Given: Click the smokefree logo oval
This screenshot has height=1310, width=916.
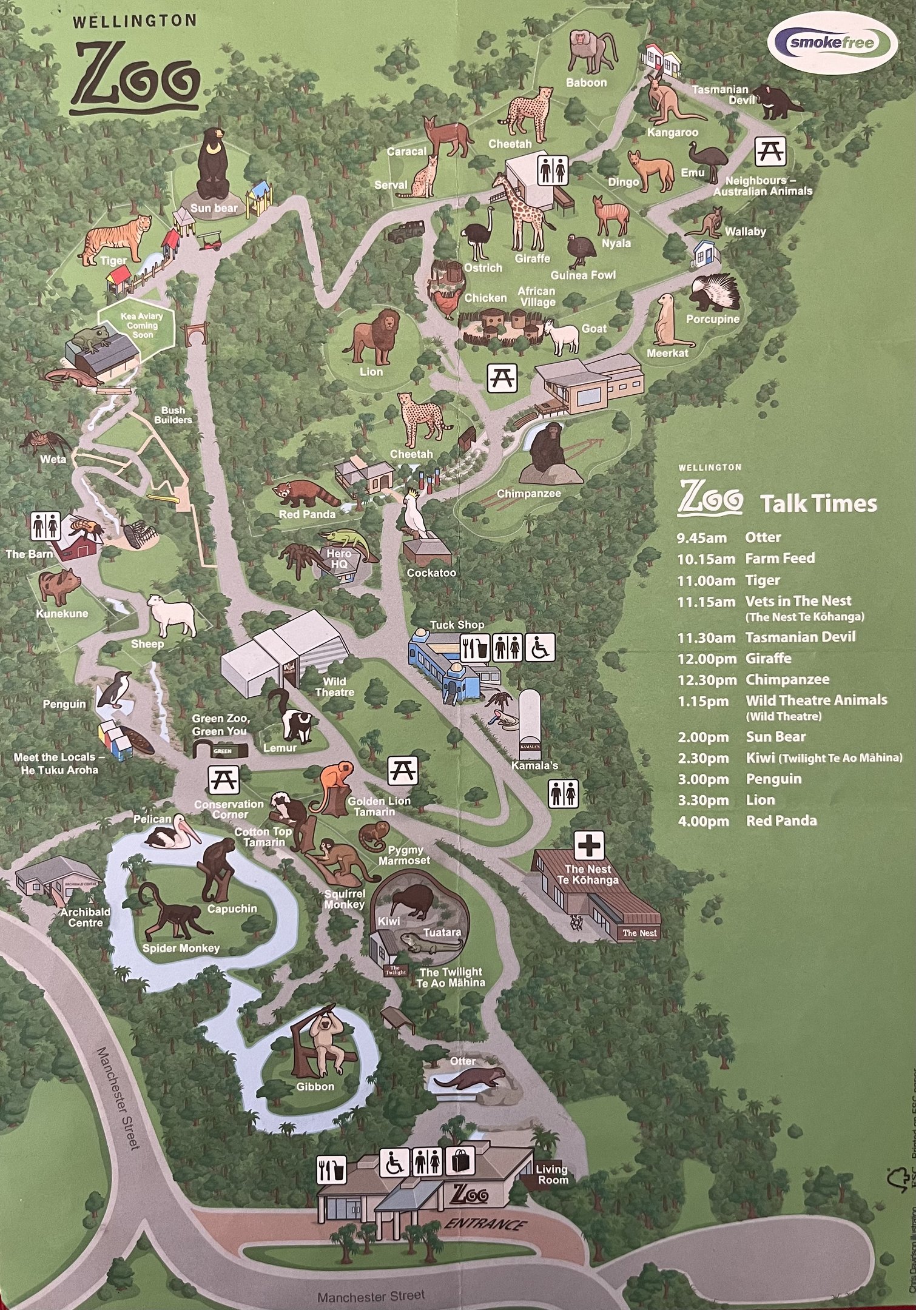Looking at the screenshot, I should pyautogui.click(x=832, y=42).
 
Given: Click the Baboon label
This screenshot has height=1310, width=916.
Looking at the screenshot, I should pyautogui.click(x=586, y=82).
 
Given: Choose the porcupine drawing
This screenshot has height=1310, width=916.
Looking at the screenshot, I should pyautogui.click(x=716, y=294).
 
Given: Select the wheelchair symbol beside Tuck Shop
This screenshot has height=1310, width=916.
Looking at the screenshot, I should pyautogui.click(x=539, y=647).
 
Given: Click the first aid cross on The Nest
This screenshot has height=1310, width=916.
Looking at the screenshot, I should pyautogui.click(x=589, y=845).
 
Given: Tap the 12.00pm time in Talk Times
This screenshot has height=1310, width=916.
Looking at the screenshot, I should pyautogui.click(x=706, y=659).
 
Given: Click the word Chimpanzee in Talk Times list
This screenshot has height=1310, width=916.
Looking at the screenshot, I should pyautogui.click(x=787, y=679).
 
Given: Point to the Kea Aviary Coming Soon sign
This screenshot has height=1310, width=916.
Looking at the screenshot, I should pyautogui.click(x=141, y=326).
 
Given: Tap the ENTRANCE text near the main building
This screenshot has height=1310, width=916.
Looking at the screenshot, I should pyautogui.click(x=485, y=1223).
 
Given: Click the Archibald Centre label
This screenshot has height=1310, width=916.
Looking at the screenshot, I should pyautogui.click(x=86, y=916).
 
